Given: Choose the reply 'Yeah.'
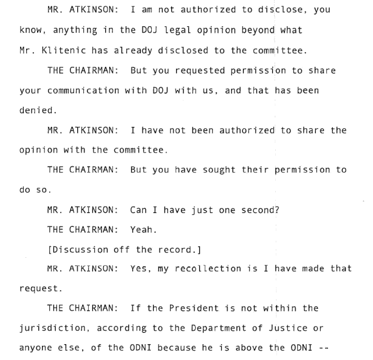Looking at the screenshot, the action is click(x=143, y=230).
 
